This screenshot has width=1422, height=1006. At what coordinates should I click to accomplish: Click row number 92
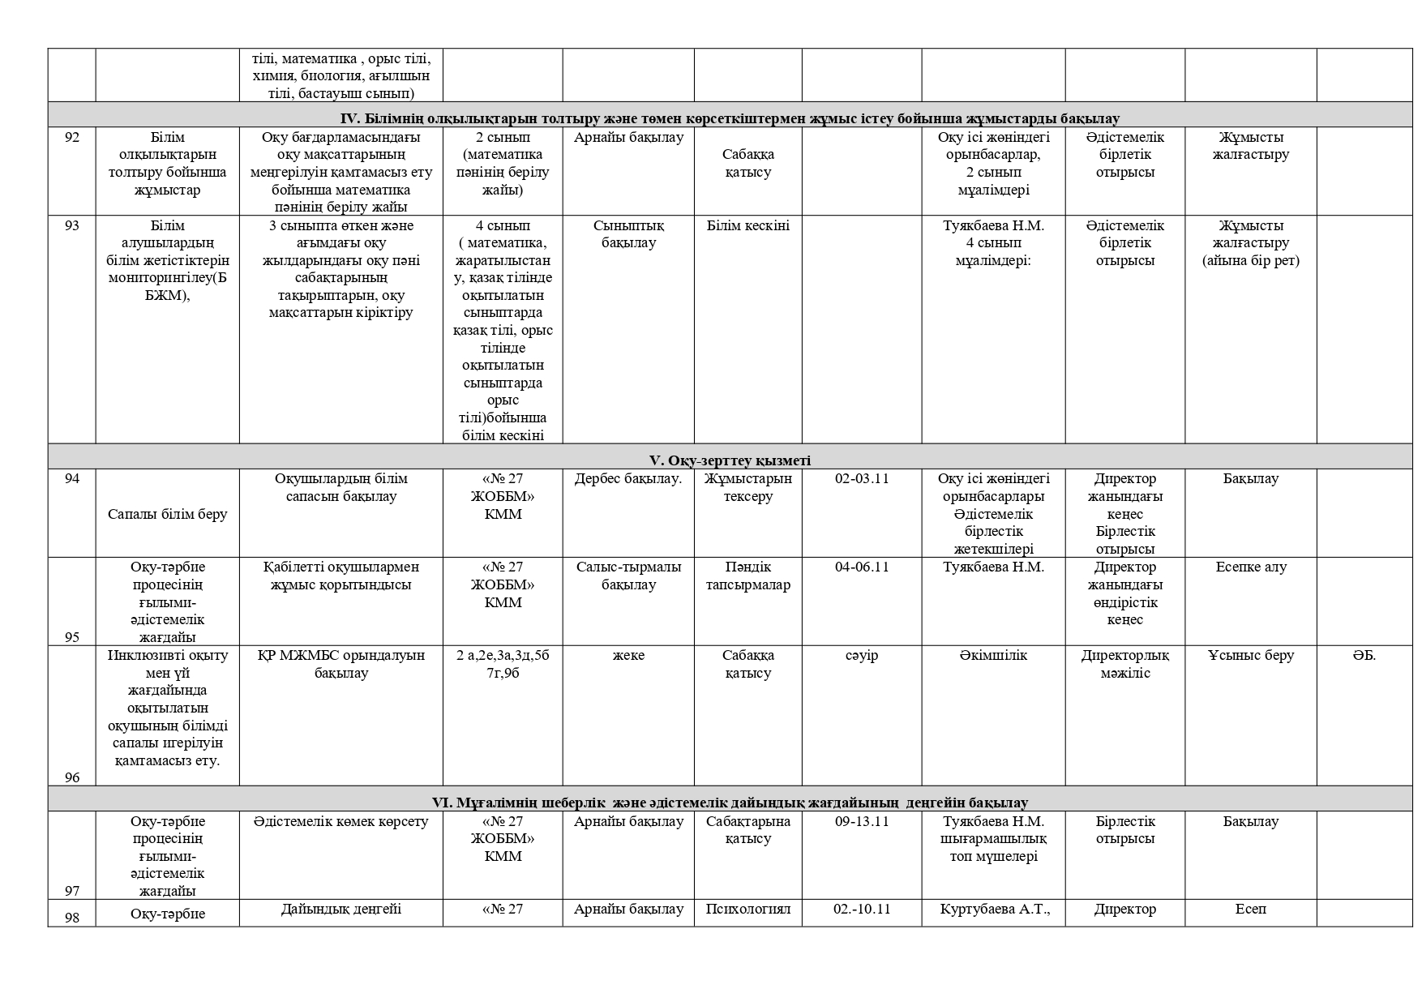click(x=71, y=137)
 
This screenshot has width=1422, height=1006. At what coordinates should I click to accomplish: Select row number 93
click(x=71, y=225)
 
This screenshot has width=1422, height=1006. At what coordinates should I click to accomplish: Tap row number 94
click(x=71, y=478)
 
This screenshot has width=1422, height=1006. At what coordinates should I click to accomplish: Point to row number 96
click(x=71, y=777)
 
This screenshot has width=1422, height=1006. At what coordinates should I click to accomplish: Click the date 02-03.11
click(x=861, y=478)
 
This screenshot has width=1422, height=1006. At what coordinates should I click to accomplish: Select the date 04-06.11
click(x=861, y=567)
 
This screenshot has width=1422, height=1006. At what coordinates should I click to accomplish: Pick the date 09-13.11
click(x=861, y=821)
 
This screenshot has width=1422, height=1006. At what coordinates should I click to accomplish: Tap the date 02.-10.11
click(x=861, y=909)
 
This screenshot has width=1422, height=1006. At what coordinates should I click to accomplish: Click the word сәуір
click(x=861, y=655)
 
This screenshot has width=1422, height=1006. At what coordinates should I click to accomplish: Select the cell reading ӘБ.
click(x=1364, y=655)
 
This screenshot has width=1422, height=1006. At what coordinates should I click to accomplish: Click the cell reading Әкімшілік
click(x=993, y=655)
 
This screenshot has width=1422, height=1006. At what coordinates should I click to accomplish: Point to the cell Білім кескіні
click(x=747, y=225)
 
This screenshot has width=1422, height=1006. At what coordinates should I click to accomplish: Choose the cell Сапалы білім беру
click(x=167, y=514)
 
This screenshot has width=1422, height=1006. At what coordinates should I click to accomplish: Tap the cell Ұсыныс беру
click(x=1250, y=655)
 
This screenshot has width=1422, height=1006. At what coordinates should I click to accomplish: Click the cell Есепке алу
click(x=1250, y=567)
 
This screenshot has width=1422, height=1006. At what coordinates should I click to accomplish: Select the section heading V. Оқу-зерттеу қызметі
click(x=729, y=460)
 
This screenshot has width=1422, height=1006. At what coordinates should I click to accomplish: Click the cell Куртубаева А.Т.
click(x=994, y=909)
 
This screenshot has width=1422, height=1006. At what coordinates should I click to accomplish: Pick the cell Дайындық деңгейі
click(x=341, y=909)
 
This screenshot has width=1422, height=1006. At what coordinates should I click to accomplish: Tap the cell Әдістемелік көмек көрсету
click(x=341, y=821)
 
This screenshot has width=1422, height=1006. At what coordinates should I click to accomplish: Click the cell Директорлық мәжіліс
click(x=1124, y=664)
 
